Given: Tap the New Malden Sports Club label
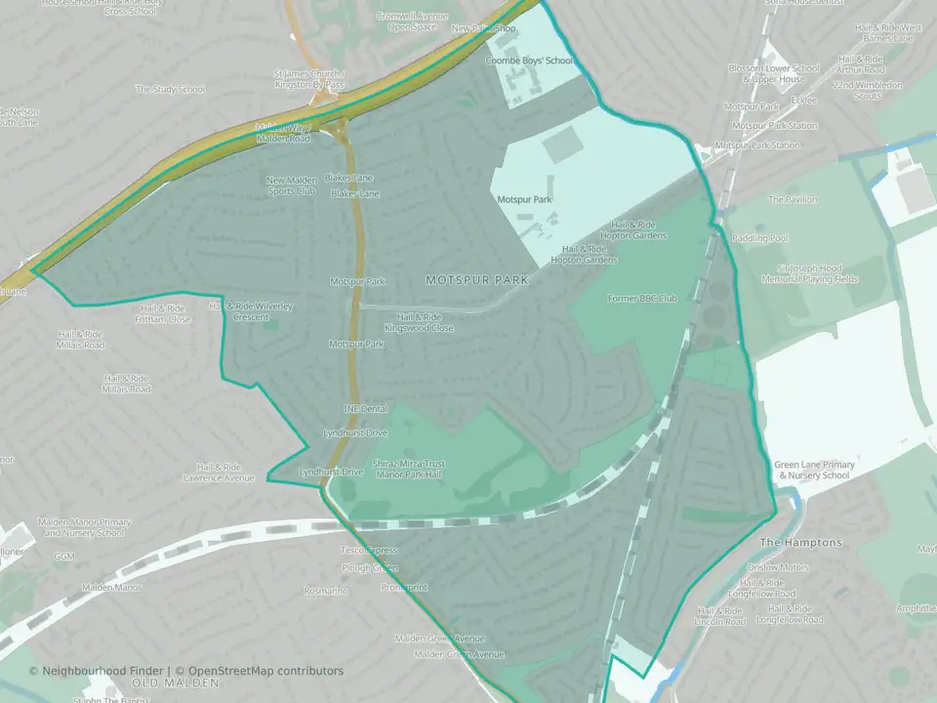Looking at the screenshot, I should point(290,186).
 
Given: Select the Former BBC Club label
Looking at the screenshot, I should point(641,298).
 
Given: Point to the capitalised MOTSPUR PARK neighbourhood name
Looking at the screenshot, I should point(476,280).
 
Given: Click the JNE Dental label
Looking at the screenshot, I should point(365,409).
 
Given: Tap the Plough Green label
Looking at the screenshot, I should point(370,567).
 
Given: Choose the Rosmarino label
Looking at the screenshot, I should point(326,591).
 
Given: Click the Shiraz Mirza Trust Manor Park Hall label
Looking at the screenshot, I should point(408,469).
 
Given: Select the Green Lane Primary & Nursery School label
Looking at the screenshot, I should point(811,470).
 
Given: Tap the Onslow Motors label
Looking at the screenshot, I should point(777,567).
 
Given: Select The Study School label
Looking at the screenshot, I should point(170,90).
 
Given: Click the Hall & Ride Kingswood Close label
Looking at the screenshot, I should point(419,322).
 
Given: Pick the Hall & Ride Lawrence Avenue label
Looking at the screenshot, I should point(219,473).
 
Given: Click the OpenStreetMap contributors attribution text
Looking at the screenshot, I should point(265,671).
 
